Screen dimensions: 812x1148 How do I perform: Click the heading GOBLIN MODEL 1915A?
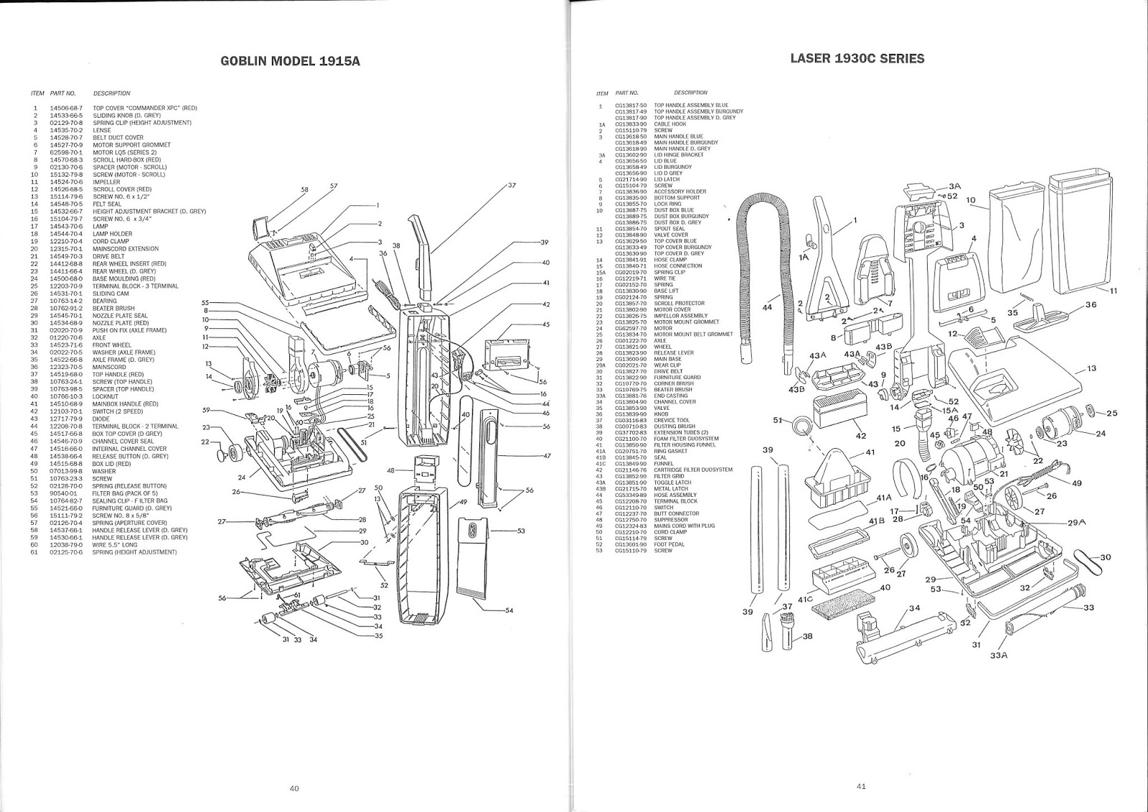tap(289, 61)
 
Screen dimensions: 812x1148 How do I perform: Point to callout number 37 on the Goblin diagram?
tap(512, 185)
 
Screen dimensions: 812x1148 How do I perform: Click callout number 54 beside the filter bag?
tap(509, 610)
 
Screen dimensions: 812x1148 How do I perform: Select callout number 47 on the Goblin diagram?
tap(547, 456)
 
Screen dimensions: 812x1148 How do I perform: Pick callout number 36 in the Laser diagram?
tap(1091, 304)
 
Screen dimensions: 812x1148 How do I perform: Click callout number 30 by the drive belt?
tap(1105, 557)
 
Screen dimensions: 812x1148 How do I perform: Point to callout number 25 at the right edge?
tap(1112, 413)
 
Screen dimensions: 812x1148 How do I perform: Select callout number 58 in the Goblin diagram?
tap(304, 190)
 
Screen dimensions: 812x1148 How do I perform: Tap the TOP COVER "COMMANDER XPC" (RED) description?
tap(144, 108)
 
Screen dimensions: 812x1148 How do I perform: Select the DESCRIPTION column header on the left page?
tap(111, 93)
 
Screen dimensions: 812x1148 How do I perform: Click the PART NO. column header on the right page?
tap(628, 93)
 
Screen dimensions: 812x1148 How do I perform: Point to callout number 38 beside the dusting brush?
tap(807, 636)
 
